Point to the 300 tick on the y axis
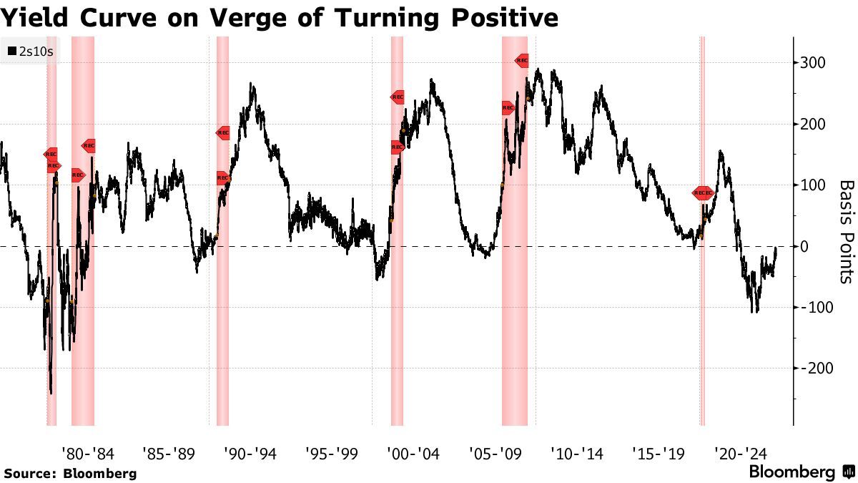(813, 63)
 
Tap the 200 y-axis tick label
(813, 125)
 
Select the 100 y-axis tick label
(813, 185)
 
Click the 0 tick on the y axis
(805, 247)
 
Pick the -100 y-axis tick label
(815, 308)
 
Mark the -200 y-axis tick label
(815, 369)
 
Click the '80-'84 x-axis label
(87, 454)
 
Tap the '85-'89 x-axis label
(169, 454)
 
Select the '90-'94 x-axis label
(250, 454)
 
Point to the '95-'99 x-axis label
(332, 454)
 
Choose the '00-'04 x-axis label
(413, 454)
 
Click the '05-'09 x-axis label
(495, 454)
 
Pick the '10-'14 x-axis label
(576, 454)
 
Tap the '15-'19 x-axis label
(658, 454)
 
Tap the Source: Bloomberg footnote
(69, 474)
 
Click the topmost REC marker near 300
(522, 61)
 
